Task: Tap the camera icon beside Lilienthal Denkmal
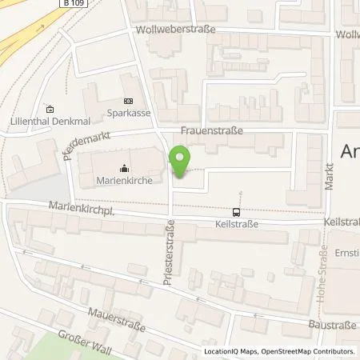(50, 110)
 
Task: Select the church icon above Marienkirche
(124, 168)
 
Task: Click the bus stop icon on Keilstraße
(237, 212)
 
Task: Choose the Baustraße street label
(330, 326)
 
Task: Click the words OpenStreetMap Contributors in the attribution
(310, 351)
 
